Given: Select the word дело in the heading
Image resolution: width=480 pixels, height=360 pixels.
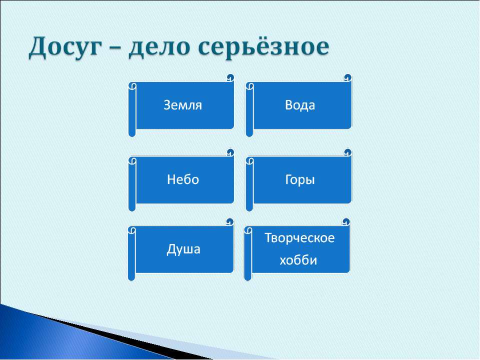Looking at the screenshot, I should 157,48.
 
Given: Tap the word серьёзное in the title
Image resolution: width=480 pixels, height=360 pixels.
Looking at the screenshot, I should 264,48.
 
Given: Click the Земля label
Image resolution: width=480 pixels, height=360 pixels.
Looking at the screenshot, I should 183,105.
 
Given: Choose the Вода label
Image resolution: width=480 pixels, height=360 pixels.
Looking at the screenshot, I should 300,105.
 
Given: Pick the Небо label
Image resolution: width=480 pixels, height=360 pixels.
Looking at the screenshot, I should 183,180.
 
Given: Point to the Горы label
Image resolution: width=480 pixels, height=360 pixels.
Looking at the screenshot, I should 300,180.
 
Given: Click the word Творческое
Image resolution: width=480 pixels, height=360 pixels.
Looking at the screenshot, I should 299,237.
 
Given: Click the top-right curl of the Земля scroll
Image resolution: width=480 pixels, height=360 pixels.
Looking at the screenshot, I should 229,78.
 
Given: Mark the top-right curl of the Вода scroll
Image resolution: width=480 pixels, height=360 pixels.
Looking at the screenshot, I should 347,78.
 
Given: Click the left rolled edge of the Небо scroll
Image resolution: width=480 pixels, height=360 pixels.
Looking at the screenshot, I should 132,185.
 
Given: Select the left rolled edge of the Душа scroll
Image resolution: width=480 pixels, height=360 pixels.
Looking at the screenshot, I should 131,255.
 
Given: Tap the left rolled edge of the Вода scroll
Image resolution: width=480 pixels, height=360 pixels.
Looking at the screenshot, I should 249,111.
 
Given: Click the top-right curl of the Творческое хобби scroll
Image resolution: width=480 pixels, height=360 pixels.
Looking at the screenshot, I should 345,221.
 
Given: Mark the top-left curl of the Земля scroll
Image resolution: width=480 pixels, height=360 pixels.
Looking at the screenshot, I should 132,86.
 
